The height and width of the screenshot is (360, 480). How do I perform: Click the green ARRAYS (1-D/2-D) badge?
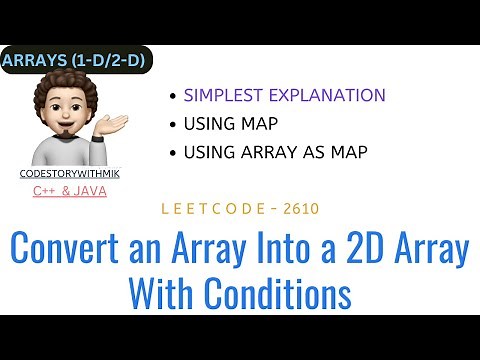75,62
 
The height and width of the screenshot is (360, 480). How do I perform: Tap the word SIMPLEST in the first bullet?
221,96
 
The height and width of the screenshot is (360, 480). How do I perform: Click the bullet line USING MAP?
231,125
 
